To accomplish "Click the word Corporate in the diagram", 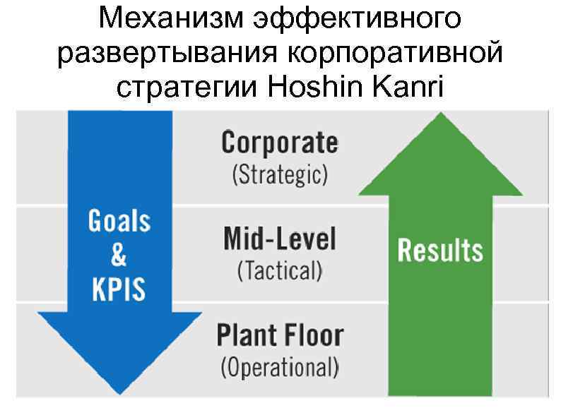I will pyautogui.click(x=280, y=143).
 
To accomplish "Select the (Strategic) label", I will pyautogui.click(x=280, y=174).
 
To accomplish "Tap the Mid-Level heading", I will pyautogui.click(x=280, y=239).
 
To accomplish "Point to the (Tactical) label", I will pyautogui.click(x=280, y=270).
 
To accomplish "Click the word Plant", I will pyautogui.click(x=245, y=335).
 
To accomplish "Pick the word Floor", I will pyautogui.click(x=312, y=335).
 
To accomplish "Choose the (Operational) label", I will pyautogui.click(x=280, y=367).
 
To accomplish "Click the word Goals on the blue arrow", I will pyautogui.click(x=119, y=222).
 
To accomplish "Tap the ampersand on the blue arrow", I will pyautogui.click(x=119, y=255).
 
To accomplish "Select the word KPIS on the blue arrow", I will pyautogui.click(x=119, y=289).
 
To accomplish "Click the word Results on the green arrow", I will pyautogui.click(x=440, y=251).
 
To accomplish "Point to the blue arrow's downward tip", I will pyautogui.click(x=119, y=390).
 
